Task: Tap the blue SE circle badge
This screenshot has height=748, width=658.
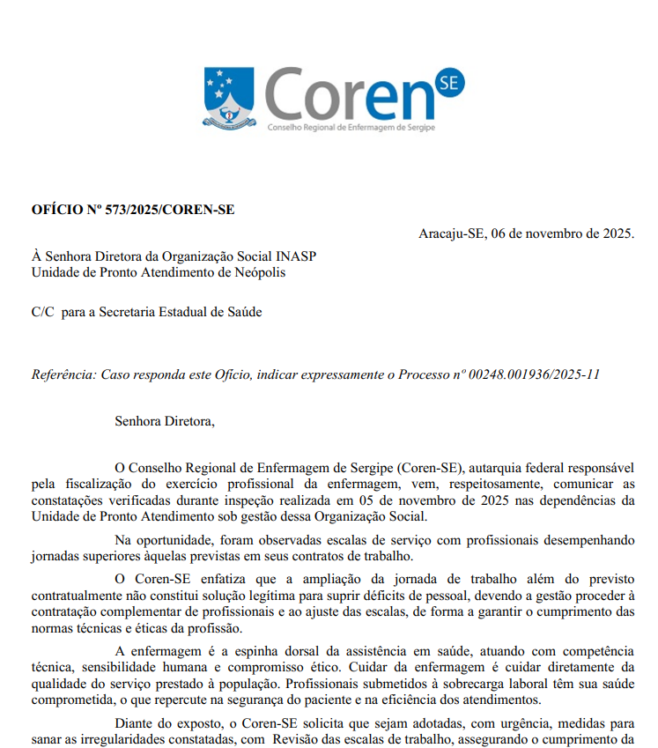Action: pos(447,85)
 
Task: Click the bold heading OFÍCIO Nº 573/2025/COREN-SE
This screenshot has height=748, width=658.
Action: pos(133,210)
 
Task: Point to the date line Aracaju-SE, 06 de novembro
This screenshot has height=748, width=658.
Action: pos(526,233)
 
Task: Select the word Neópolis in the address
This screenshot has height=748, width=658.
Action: pos(260,272)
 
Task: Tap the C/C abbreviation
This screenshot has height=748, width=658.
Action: pos(43,312)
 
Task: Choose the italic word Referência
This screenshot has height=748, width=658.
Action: pos(63,374)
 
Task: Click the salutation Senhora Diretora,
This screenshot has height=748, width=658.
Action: pos(164,421)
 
